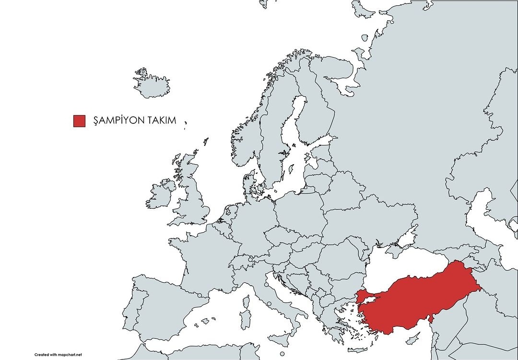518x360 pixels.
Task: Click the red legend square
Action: tap(79, 121)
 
